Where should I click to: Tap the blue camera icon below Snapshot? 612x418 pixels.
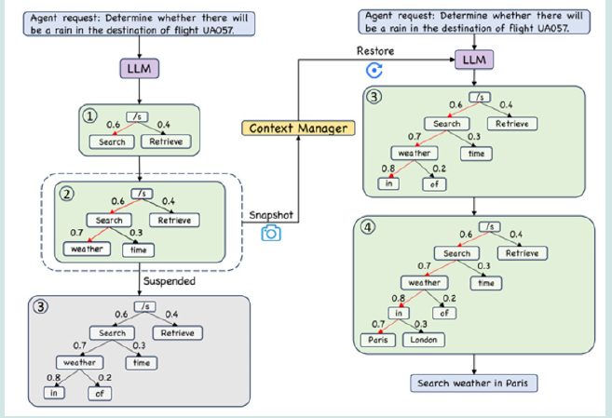pyautogui.click(x=270, y=234)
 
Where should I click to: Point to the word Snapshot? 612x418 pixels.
pyautogui.click(x=270, y=215)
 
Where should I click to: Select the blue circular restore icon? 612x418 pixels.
pyautogui.click(x=374, y=70)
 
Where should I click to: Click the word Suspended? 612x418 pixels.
pyautogui.click(x=169, y=279)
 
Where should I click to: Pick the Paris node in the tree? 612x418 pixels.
pyautogui.click(x=377, y=339)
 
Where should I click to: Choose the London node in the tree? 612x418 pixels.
pyautogui.click(x=424, y=339)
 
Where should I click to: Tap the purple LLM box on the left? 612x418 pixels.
pyautogui.click(x=139, y=70)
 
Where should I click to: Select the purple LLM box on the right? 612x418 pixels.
pyautogui.click(x=473, y=61)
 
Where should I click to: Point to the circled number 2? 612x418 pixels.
pyautogui.click(x=66, y=196)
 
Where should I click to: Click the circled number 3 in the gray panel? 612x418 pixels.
pyautogui.click(x=42, y=307)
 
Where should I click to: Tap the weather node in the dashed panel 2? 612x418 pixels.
pyautogui.click(x=88, y=249)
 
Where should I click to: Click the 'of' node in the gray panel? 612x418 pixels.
pyautogui.click(x=100, y=393)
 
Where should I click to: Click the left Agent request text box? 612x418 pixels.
pyautogui.click(x=139, y=22)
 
